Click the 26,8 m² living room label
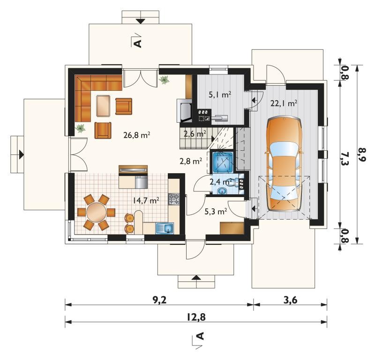[x=136, y=135]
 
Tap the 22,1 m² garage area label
[x=284, y=103]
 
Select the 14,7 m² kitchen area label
[x=146, y=200]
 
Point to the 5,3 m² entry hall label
[x=216, y=212]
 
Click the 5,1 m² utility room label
[x=220, y=95]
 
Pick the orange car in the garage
[x=284, y=164]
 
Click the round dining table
[x=97, y=212]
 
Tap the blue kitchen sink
[x=165, y=228]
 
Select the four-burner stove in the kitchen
[x=174, y=199]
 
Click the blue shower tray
[x=223, y=162]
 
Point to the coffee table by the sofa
[x=103, y=106]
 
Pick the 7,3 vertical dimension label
[x=345, y=158]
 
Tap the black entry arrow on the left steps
[x=22, y=154]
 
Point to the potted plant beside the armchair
[x=80, y=128]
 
